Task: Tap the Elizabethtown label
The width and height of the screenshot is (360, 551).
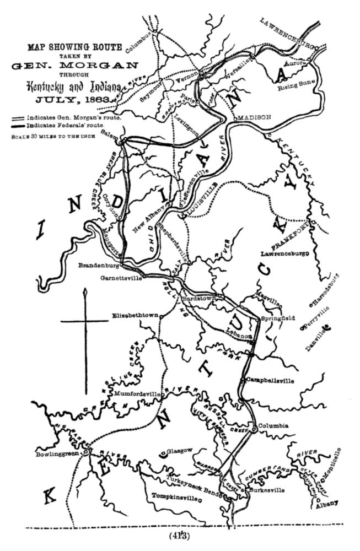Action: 135,316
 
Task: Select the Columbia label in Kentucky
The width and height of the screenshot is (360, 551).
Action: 276,425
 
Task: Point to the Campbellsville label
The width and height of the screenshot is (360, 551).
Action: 270,380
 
